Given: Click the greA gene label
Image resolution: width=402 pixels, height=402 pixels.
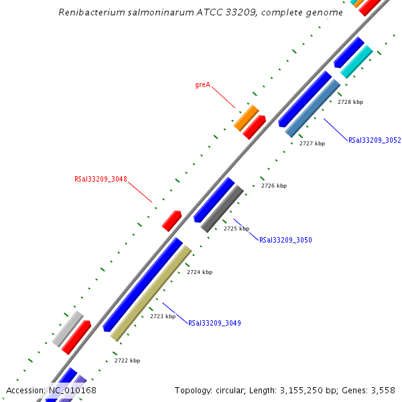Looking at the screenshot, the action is (202, 85).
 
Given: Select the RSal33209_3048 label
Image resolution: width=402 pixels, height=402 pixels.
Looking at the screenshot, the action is (100, 180).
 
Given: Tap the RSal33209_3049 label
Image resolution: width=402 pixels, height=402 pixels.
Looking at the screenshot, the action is (214, 323).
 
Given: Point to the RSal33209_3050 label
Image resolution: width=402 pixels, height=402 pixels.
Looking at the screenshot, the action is (285, 240).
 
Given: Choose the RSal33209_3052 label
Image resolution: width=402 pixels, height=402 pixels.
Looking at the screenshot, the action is (375, 141).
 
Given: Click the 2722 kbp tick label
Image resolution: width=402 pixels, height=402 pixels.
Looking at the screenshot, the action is (127, 360).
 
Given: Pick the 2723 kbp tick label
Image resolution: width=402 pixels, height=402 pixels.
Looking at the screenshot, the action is (163, 316).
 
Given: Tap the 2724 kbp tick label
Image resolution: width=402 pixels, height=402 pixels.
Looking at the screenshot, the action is (200, 272).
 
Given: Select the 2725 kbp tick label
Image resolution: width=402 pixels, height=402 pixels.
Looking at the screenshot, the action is (237, 228).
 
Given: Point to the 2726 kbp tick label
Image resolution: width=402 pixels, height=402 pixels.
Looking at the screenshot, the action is (274, 186).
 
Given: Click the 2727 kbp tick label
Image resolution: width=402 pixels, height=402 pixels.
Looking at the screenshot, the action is (312, 143).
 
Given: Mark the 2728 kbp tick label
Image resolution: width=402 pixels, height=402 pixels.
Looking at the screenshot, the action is (350, 102).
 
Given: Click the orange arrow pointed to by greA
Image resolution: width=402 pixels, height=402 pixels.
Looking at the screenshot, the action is (246, 117).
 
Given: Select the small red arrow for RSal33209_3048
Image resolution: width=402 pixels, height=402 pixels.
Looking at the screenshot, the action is (172, 220).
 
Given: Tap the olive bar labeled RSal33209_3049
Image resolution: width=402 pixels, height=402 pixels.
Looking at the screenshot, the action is (151, 293).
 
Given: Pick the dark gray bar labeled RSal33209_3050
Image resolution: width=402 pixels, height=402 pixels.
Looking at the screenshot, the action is (222, 208).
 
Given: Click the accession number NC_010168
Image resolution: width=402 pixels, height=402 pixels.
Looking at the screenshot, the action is (72, 391).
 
